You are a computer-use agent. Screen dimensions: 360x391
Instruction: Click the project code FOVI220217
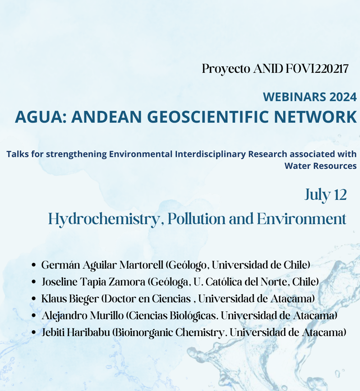317,69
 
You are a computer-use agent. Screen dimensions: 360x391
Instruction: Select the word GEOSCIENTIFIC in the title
208,117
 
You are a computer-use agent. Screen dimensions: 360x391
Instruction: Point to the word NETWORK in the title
315,117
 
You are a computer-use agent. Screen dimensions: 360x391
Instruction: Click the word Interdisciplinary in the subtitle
210,154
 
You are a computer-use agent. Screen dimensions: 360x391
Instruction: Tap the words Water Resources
320,166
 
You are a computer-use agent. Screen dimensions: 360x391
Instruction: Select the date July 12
326,195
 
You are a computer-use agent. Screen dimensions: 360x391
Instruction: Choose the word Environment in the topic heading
302,219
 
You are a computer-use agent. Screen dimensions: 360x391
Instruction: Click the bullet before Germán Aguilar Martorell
34,265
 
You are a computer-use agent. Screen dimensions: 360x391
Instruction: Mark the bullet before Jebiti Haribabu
34,332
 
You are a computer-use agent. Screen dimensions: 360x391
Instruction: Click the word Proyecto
226,69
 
